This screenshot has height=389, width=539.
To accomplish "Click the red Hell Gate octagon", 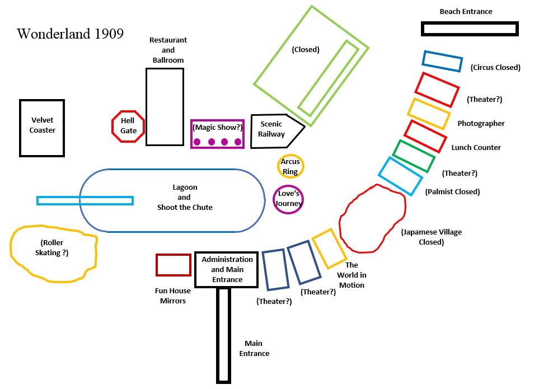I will pos(128,126).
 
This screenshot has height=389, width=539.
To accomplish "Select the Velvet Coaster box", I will pos(42,128).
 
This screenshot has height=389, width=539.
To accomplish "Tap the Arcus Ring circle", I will pos(290,166).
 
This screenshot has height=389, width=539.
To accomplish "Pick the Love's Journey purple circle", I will pos(288,199).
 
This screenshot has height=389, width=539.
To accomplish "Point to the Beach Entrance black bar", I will pos(470,29).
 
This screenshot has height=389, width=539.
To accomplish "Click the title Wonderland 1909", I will pos(70,34).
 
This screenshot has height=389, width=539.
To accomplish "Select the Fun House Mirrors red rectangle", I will pos(173,265).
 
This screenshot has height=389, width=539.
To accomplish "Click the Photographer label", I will pos(481,124).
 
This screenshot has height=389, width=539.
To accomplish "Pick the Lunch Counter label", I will pos(476,148).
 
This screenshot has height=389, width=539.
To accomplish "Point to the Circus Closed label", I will pos(495,68).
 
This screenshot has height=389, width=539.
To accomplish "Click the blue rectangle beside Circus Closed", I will pos(442,61).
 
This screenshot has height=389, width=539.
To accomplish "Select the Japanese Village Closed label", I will pos(431,237).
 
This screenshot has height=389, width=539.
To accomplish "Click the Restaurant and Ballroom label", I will pos(168,50).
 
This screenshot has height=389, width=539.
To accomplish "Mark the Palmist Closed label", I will pos(452,192).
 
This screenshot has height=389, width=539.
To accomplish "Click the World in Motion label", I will pos(351,275).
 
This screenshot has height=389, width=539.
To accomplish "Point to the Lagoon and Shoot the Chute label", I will pos(185,198).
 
